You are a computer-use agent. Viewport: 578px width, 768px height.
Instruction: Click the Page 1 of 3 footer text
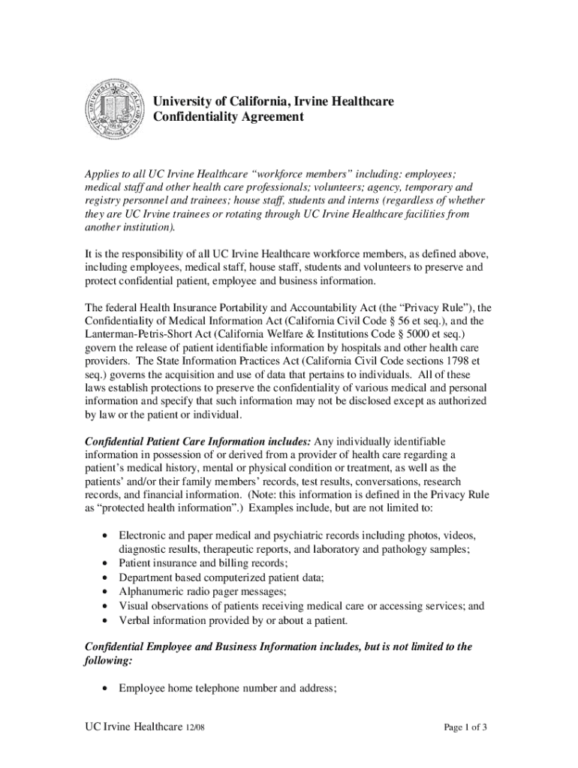[465, 727]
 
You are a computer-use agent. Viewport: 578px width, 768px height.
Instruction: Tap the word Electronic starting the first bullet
[143, 535]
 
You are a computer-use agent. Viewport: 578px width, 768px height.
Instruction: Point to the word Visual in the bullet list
[133, 606]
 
